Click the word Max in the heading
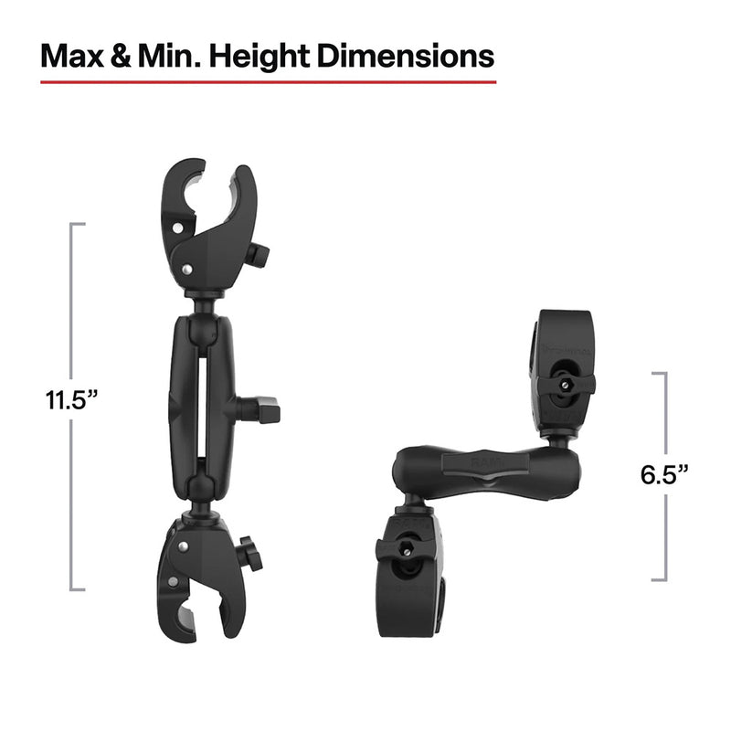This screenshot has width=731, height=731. pos(75,56)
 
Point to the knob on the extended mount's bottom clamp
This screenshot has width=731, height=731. pos(247,554)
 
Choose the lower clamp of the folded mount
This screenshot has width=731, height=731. pos(411,567)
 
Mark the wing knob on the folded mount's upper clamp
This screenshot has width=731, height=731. pos(566,385)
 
